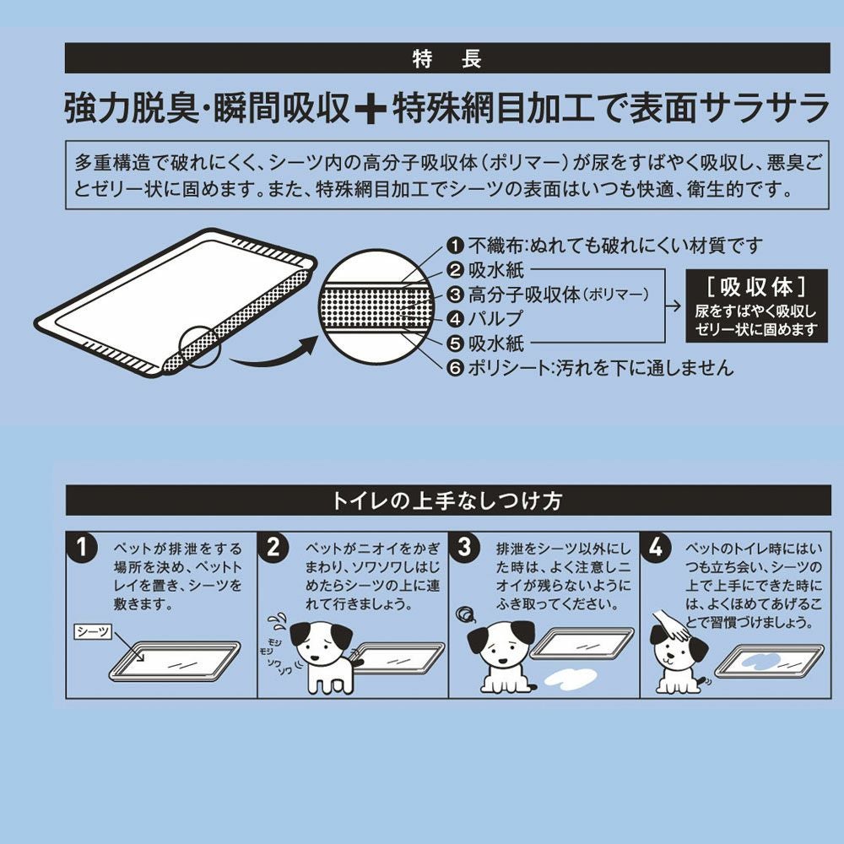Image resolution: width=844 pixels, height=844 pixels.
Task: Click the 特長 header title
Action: point(447,59)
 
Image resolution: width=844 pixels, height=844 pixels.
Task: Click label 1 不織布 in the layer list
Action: point(604,246)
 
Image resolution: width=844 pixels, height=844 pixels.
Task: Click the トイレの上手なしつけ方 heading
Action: point(447,500)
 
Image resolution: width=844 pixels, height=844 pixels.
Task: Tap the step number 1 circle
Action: point(83,548)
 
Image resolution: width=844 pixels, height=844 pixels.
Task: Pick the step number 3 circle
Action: point(465,548)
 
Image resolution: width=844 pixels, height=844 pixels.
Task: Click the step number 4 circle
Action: point(657,548)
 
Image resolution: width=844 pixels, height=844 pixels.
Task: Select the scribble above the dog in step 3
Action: point(463,614)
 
